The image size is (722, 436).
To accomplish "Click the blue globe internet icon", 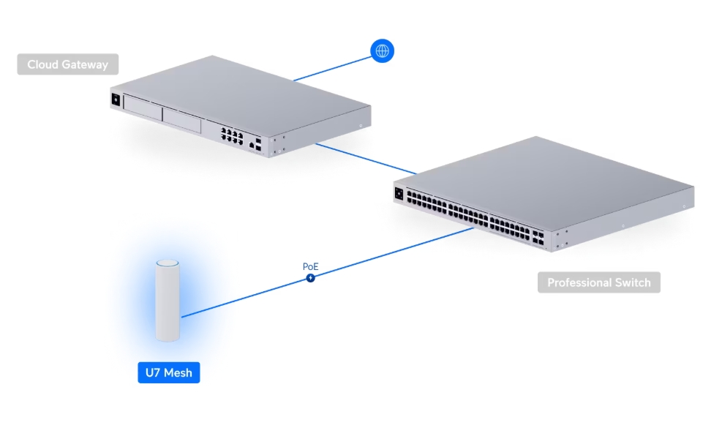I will click(382, 50).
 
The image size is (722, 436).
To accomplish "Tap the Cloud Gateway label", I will click(67, 64).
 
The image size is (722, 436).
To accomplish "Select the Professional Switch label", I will click(598, 282).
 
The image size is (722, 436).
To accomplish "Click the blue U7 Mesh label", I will click(168, 372).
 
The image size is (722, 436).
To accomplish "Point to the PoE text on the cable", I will click(311, 267).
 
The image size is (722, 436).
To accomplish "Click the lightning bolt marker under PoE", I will click(311, 278).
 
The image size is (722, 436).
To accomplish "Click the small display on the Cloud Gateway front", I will click(115, 100).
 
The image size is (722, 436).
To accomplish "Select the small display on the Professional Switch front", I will click(399, 195).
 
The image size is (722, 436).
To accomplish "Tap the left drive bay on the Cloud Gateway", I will click(142, 110).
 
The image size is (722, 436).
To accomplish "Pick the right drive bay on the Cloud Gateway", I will click(181, 120).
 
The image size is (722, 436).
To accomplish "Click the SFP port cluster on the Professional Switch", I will click(540, 236).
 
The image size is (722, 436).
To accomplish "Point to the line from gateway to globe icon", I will click(333, 65).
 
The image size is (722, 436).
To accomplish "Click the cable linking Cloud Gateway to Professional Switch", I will click(366, 158).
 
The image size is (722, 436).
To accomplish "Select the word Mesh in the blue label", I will click(178, 372).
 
